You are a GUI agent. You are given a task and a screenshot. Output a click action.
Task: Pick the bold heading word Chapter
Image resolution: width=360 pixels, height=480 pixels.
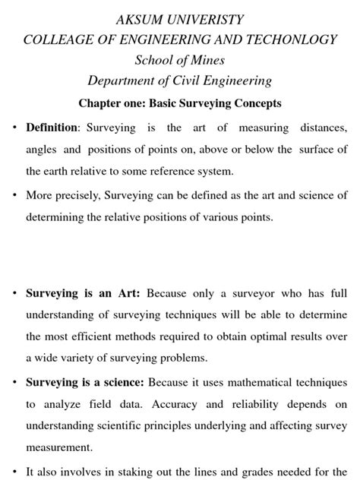(102, 103)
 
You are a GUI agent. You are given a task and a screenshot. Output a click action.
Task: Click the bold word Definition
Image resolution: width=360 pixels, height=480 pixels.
(52, 128)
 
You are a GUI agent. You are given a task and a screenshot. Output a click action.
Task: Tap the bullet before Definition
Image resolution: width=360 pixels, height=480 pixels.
(14, 128)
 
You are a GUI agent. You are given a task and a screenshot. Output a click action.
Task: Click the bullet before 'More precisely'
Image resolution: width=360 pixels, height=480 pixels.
(14, 195)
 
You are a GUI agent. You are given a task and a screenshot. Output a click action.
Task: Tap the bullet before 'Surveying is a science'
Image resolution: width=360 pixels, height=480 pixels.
(14, 382)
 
